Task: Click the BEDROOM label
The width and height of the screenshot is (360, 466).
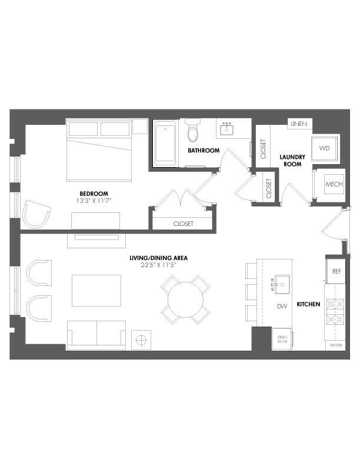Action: (x=94, y=194)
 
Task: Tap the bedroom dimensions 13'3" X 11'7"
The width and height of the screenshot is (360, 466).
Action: (x=94, y=201)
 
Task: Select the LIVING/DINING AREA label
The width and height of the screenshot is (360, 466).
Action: (x=154, y=258)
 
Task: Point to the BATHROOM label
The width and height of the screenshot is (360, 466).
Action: (x=204, y=151)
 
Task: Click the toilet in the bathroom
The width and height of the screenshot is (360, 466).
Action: (x=192, y=131)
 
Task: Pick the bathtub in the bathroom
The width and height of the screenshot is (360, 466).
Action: (x=165, y=142)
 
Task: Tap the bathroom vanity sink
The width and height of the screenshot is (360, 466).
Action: (x=226, y=128)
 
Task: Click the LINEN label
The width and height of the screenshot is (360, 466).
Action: (x=297, y=125)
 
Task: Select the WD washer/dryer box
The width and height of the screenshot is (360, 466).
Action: (x=325, y=149)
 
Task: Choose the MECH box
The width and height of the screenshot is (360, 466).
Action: (x=334, y=185)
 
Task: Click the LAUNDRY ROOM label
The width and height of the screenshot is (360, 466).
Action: (x=292, y=160)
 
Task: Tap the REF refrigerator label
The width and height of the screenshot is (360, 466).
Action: (x=336, y=272)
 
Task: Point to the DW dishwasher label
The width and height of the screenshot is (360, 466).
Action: (x=281, y=306)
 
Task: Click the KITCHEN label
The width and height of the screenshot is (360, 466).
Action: (x=308, y=304)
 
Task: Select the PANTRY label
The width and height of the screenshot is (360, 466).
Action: (x=336, y=346)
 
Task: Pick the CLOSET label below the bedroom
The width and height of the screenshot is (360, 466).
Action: (x=183, y=224)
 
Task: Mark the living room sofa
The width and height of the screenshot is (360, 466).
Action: (x=96, y=334)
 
